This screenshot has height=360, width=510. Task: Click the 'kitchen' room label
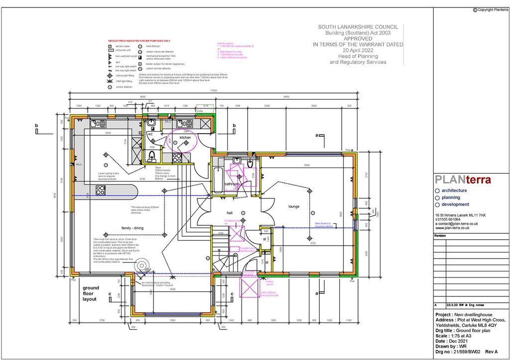pos(185,137)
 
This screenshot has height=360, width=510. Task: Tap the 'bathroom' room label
pos(232,184)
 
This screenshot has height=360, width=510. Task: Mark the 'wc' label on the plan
pos(150,134)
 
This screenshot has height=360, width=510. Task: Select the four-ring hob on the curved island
pos(101,190)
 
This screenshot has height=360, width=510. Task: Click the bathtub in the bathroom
pos(218,180)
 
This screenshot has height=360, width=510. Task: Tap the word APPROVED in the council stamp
pos(358,38)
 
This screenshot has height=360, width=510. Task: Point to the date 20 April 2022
pos(358,50)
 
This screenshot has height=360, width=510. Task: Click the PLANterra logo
pos(463,180)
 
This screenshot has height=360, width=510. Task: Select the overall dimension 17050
pos(213,91)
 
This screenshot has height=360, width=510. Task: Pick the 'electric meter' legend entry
pos(123,46)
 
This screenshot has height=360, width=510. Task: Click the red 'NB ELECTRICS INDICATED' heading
pos(139,41)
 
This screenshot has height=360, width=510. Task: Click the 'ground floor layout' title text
pos(91,293)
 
